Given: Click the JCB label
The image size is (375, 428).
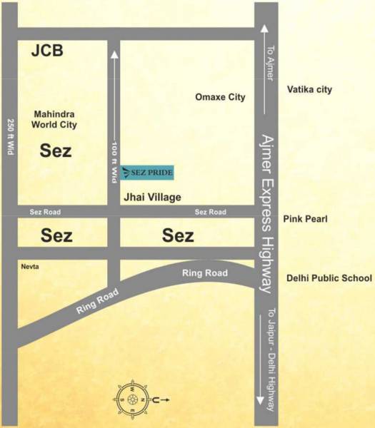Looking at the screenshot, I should [48, 51].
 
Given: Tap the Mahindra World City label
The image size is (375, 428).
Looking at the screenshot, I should [54, 119].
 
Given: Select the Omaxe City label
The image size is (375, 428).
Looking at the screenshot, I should [220, 97].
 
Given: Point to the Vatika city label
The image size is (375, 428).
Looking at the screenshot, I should [309, 90].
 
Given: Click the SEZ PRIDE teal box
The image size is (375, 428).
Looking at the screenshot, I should [147, 172].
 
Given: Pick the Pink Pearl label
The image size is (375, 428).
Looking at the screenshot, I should [305, 219].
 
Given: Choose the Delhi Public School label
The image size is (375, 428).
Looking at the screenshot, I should [329, 278].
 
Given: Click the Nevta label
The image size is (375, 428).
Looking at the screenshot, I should [30, 266].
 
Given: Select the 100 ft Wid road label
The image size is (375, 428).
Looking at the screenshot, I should [114, 163].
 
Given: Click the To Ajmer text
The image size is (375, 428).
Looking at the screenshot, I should [270, 63].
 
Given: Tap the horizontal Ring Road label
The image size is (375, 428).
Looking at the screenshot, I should [204, 273].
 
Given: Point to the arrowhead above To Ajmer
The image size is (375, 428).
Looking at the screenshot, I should [265, 29].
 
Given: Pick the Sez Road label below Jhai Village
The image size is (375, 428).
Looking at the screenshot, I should [211, 212].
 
